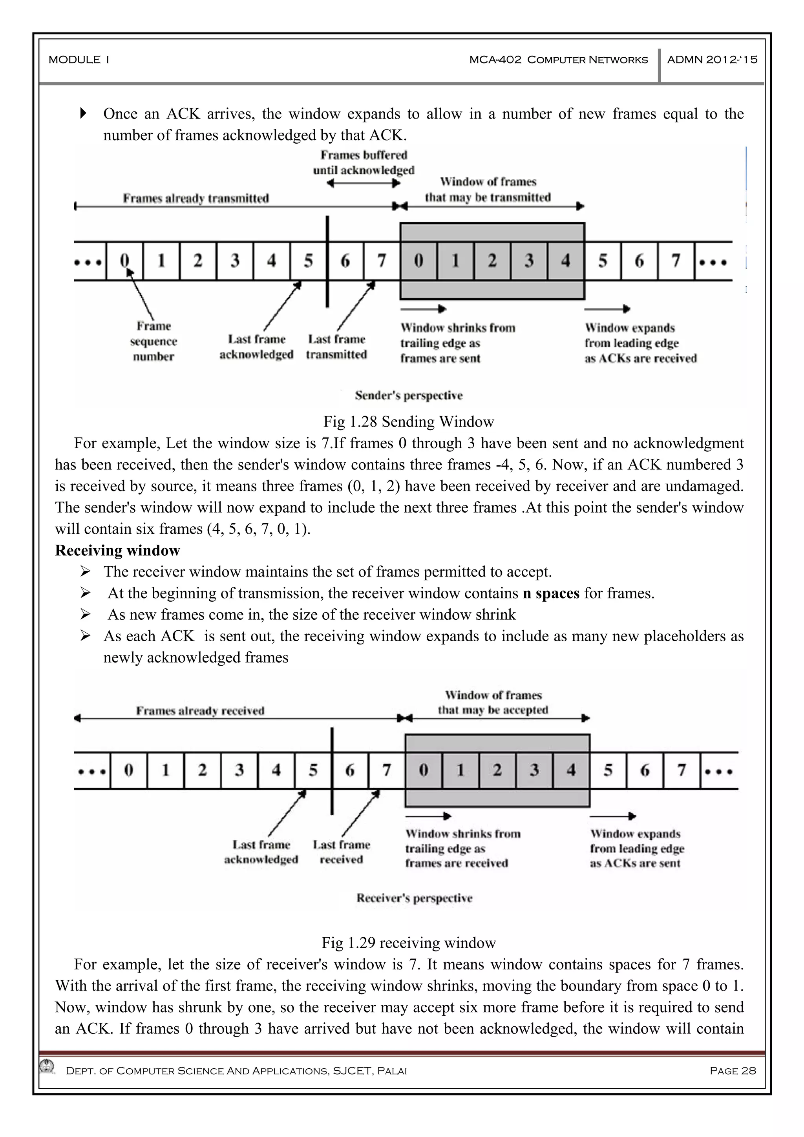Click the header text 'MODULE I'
(x=79, y=60)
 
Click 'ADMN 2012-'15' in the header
(x=712, y=60)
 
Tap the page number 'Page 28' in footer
(x=732, y=1070)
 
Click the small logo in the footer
(x=48, y=1066)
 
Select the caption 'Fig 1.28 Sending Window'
(x=409, y=422)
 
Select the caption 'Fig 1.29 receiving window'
(x=409, y=942)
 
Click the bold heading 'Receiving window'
(x=117, y=550)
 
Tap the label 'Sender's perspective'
(x=409, y=395)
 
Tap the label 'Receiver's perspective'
(x=414, y=898)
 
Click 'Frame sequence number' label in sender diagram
(x=153, y=341)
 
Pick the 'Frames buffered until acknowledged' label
(x=364, y=162)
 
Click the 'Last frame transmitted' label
(x=336, y=347)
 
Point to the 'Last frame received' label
(x=341, y=852)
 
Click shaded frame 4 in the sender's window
(x=566, y=261)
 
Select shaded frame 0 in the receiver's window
(x=424, y=770)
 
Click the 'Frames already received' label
(x=200, y=711)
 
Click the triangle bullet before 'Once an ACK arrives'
(x=83, y=113)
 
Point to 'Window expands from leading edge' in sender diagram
(x=640, y=343)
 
